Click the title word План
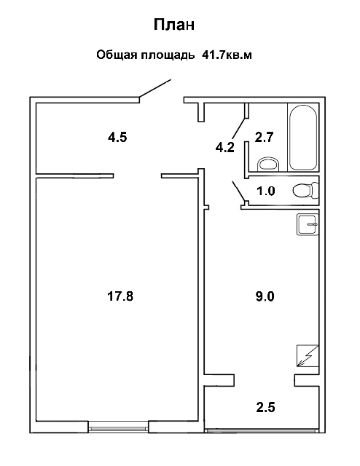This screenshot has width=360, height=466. [x=174, y=25]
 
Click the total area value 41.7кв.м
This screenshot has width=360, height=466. [x=227, y=55]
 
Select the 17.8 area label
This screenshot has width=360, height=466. [x=120, y=296]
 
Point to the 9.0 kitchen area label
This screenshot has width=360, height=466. [x=265, y=296]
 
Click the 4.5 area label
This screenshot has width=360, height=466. [x=117, y=138]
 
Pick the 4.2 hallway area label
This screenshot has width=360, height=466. [x=225, y=147]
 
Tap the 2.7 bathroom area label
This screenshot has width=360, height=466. [x=265, y=138]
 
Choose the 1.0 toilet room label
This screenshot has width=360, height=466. [x=266, y=191]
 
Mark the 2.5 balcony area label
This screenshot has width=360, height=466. [x=266, y=407]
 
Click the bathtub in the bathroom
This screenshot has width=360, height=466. [x=303, y=137]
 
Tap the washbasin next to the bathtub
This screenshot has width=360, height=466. [x=269, y=164]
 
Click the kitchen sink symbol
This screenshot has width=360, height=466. [x=308, y=225]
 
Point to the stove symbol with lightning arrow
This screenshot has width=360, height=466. [x=308, y=356]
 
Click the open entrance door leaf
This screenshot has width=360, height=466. [x=155, y=88]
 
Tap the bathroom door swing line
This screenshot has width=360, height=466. [x=239, y=128]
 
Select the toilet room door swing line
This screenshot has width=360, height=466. [x=238, y=191]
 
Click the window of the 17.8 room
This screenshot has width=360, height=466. [x=118, y=428]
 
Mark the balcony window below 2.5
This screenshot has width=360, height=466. [x=262, y=430]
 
